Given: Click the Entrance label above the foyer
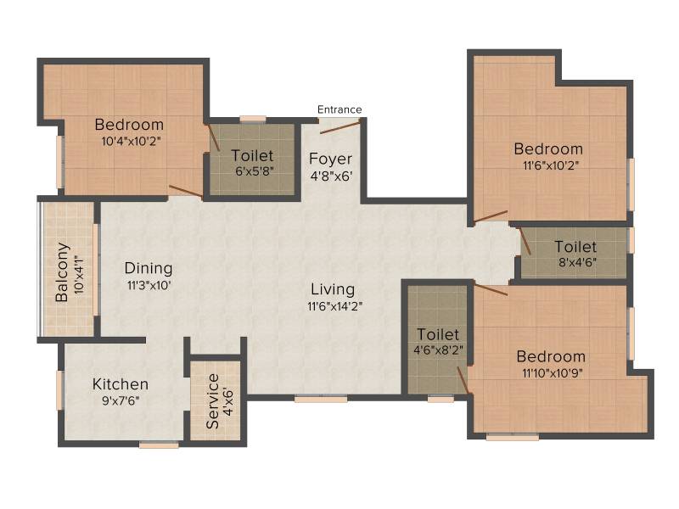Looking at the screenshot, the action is pos(339,109).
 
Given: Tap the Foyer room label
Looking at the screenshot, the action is pos(330,159).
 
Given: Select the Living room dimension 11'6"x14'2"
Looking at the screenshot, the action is pos(334,306).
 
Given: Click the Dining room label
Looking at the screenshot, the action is pos(149,268).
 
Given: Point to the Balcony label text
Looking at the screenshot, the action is pos(62,272).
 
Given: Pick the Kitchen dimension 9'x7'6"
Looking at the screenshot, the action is pos(121,400).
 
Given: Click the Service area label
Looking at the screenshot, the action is pos(213,401).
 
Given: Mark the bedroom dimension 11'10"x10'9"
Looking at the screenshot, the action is pos(553,373).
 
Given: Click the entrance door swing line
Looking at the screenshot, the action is pos(340,128).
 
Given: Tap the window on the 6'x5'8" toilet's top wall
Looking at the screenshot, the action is pos(253,119).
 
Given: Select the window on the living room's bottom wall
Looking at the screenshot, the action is pos(321,399).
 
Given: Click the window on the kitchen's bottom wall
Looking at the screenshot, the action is pos(159,445).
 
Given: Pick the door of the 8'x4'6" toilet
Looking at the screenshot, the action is pos(525,242).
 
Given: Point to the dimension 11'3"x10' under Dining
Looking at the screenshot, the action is pos(149,286).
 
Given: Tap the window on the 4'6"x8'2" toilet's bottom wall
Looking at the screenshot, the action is pos(441,399).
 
